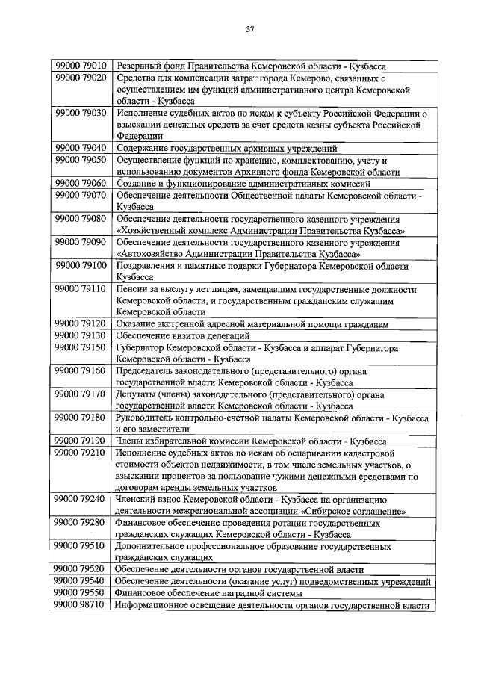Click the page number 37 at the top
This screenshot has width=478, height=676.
(x=250, y=30)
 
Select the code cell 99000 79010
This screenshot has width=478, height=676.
(x=81, y=65)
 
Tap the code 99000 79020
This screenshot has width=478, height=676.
(x=81, y=77)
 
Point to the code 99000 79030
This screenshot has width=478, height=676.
(x=81, y=113)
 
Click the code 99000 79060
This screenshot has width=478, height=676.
(x=81, y=184)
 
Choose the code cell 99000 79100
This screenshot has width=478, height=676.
(x=81, y=265)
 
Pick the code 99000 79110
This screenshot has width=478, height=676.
(x=81, y=288)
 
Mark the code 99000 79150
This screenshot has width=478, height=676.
(x=81, y=348)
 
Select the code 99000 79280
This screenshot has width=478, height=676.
(x=81, y=524)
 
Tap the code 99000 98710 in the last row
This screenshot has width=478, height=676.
(x=81, y=605)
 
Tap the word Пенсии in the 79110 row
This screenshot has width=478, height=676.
(x=132, y=288)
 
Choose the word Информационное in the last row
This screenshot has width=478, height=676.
(x=155, y=605)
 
